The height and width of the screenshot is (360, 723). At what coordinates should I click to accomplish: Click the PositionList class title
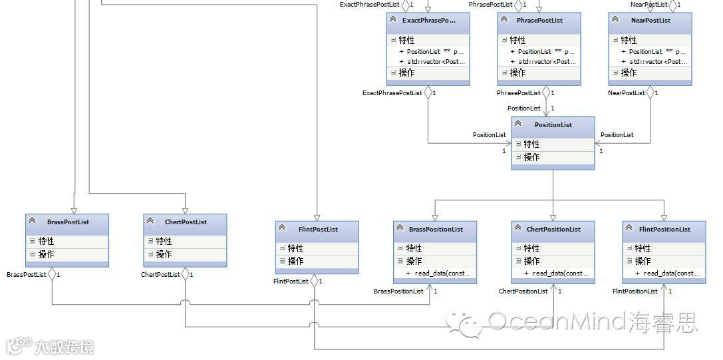click(553, 124)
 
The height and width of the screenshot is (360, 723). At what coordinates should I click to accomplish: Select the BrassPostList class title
click(68, 222)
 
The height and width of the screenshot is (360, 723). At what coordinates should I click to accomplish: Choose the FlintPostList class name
click(318, 230)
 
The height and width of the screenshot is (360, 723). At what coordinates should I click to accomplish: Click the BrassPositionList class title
click(436, 230)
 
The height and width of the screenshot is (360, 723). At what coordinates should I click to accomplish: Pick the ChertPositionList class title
click(553, 230)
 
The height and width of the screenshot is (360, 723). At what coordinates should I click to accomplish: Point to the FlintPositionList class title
click(664, 230)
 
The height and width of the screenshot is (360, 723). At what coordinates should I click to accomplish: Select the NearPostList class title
click(650, 21)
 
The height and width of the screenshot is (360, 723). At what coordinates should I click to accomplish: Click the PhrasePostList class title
click(539, 21)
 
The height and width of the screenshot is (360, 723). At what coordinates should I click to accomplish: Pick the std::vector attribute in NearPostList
click(654, 62)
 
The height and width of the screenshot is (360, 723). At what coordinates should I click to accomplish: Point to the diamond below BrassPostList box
click(53, 273)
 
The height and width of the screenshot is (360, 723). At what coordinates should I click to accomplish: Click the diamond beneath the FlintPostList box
click(314, 281)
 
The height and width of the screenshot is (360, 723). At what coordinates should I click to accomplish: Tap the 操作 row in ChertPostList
click(164, 254)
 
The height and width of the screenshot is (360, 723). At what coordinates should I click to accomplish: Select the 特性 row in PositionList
click(531, 144)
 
